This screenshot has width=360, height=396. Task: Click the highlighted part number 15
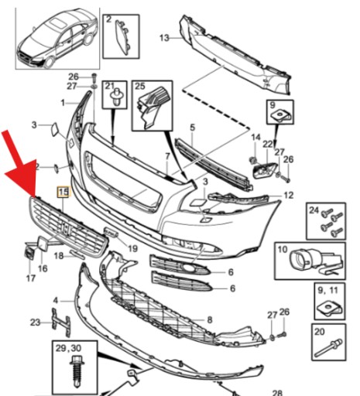[x=63, y=192]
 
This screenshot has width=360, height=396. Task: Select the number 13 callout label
[x=164, y=38]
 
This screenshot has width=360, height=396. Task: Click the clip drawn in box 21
[x=115, y=97]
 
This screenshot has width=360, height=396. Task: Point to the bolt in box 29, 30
[x=77, y=372]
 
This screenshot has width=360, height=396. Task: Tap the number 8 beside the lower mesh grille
[x=210, y=320]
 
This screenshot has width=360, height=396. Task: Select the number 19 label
[x=133, y=249]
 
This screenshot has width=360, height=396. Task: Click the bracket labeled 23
[x=61, y=323]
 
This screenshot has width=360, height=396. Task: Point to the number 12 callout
[x=289, y=195]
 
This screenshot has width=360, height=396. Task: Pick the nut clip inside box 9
[x=281, y=115]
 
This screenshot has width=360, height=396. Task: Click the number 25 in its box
[x=140, y=86]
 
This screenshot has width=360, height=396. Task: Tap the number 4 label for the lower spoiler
[x=56, y=301]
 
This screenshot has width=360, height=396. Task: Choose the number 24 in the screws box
[x=314, y=210]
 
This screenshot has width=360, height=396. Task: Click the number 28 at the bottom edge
[x=277, y=393]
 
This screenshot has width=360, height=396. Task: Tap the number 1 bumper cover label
[x=63, y=103]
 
